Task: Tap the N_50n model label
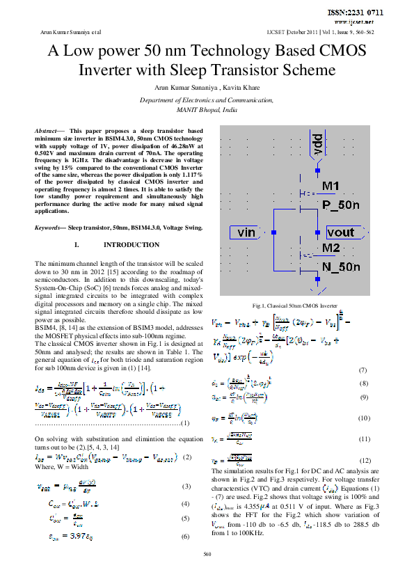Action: pyautogui.click(x=341, y=267)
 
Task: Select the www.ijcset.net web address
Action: pyautogui.click(x=364, y=22)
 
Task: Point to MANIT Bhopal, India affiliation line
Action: pyautogui.click(x=207, y=110)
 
